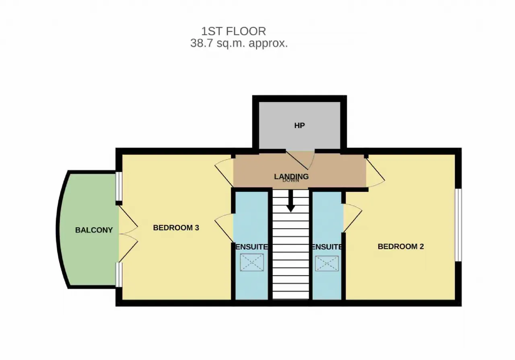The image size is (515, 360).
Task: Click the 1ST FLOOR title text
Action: [x=234, y=31]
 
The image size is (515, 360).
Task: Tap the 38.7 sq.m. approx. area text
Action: [x=239, y=43]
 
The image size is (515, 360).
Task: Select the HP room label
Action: [x=299, y=125]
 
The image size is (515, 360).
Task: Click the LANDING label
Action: [x=291, y=176]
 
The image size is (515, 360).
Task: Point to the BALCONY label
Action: [x=94, y=230]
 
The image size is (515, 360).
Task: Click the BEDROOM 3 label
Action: [x=176, y=228]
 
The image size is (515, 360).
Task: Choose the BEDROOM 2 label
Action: [x=401, y=247]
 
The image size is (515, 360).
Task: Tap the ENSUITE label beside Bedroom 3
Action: [x=252, y=247]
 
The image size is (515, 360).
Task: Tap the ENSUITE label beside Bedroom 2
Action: [x=327, y=247]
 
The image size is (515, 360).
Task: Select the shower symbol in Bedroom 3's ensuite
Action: [x=252, y=262]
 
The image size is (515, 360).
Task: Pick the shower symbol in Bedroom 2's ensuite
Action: [x=327, y=263]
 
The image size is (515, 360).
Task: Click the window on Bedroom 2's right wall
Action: [x=458, y=225]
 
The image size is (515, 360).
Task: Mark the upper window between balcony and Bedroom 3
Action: [x=119, y=187]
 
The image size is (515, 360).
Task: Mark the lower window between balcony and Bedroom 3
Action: [x=119, y=275]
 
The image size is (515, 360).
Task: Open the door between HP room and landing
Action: [x=300, y=160]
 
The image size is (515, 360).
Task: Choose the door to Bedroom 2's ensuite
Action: [x=353, y=218]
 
